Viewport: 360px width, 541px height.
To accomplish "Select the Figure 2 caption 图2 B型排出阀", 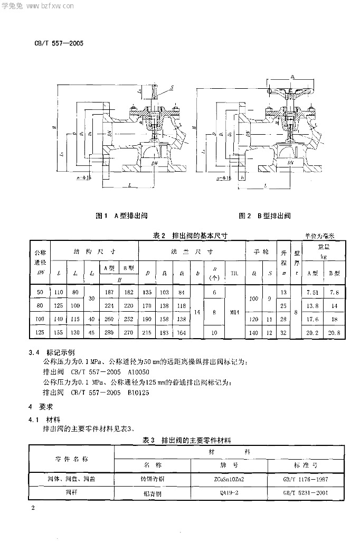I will pyautogui.click(x=265, y=216).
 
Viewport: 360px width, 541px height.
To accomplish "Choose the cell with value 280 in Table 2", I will pyautogui.click(x=109, y=332).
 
